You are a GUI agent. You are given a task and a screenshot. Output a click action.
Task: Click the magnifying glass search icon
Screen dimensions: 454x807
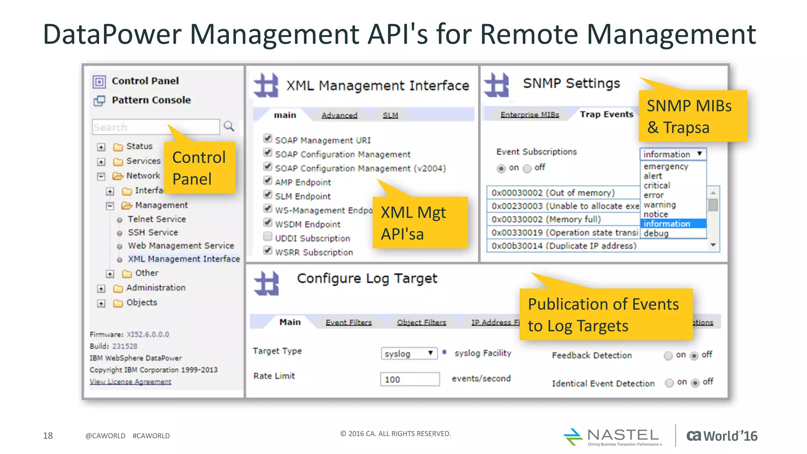pos(229,127)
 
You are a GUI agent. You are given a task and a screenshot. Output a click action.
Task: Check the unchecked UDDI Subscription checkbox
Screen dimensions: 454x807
pos(268,236)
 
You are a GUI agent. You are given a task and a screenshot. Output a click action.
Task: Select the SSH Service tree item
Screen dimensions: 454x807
pos(152,233)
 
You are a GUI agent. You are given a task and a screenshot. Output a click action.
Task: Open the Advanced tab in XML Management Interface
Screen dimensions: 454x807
pos(339,115)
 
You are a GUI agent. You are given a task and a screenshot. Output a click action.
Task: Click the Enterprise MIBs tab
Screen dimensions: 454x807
pos(530,115)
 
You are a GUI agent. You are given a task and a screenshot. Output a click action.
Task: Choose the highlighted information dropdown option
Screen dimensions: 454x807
pos(667,224)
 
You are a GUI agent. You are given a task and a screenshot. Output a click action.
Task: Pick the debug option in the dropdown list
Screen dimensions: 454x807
pos(656,233)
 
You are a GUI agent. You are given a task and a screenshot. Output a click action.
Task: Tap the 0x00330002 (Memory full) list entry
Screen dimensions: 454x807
pos(546,219)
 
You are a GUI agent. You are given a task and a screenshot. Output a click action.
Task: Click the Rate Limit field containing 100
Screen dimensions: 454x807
pos(409,379)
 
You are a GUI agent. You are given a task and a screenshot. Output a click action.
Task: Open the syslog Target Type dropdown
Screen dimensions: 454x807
pos(409,354)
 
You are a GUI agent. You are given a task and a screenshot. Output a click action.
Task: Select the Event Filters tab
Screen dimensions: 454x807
pos(348,322)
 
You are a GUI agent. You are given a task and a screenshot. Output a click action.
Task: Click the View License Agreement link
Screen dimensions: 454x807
pos(130,381)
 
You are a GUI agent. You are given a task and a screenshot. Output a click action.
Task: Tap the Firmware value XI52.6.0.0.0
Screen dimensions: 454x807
pos(148,334)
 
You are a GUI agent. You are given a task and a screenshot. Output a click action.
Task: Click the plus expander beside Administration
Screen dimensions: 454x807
pos(101,288)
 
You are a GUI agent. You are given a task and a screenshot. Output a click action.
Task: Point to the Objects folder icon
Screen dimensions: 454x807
pos(118,303)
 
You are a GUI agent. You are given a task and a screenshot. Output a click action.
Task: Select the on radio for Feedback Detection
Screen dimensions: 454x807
pos(668,356)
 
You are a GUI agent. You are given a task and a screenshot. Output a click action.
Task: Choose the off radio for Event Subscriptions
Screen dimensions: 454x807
pos(527,169)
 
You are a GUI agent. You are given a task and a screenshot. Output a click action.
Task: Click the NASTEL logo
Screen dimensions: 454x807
pos(613,437)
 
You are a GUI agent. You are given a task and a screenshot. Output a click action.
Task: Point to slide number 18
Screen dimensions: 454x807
pos(48,435)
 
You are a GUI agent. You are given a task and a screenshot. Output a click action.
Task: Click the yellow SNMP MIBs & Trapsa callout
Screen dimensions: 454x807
pos(692,116)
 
